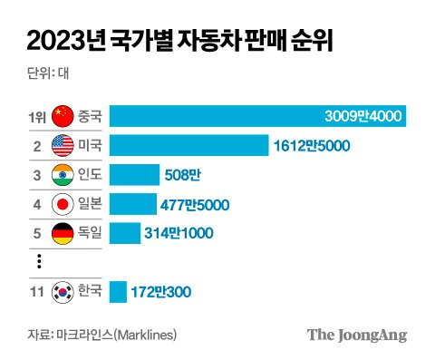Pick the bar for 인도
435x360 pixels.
pos(133,175)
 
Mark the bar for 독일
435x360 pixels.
pos(124,233)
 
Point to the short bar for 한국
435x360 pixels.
pos(117,292)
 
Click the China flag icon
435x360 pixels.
pos(63,117)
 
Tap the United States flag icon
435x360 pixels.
pos(63,146)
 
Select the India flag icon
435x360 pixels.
pos(63,175)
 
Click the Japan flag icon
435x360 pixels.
pos(63,204)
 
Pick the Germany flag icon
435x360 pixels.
pos(63,233)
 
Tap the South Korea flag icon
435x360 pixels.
pos(63,292)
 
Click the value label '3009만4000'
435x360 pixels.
pos(362,117)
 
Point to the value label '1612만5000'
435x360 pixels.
pos(312,146)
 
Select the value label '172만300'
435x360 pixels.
pos(160,292)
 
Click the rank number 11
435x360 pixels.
pos(36,292)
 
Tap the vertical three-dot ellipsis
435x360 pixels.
pos(39,262)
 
